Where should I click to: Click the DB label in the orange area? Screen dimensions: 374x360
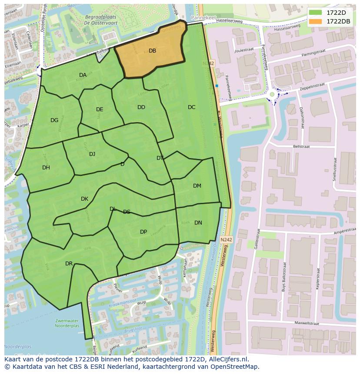pyautogui.click(x=152, y=51)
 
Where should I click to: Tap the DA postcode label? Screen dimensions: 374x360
pyautogui.click(x=83, y=75)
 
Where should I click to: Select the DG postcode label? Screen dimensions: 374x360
pyautogui.click(x=54, y=120)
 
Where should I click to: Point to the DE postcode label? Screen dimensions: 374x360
pyautogui.click(x=100, y=109)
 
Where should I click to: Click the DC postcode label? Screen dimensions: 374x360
pyautogui.click(x=191, y=107)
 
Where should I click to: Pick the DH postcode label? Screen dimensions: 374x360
pyautogui.click(x=46, y=168)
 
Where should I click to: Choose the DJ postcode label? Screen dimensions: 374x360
pyautogui.click(x=92, y=154)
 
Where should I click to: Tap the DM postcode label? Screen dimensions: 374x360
pyautogui.click(x=197, y=186)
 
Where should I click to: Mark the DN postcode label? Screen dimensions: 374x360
pyautogui.click(x=198, y=223)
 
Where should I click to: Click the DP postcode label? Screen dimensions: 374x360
pyautogui.click(x=143, y=232)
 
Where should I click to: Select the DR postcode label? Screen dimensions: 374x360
pyautogui.click(x=69, y=264)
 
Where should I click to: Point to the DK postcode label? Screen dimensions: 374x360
pyautogui.click(x=84, y=199)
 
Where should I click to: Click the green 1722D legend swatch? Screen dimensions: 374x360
pyautogui.click(x=315, y=13)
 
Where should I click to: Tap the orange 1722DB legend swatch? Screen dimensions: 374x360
pyautogui.click(x=315, y=21)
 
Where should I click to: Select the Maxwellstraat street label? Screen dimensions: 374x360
pyautogui.click(x=307, y=323)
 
